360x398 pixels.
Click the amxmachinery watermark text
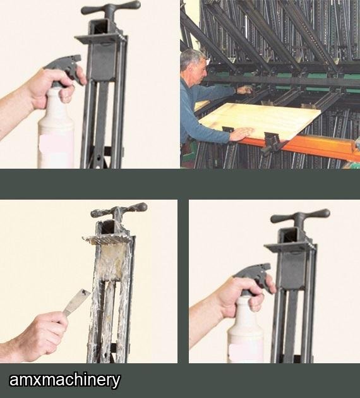click(64, 380)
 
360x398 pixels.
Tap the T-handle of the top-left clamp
click(111, 8)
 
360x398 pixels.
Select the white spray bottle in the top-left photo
click(56, 127)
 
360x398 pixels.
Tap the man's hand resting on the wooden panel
click(241, 134)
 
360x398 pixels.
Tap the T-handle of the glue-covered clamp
click(119, 211)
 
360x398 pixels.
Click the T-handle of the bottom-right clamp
click(301, 217)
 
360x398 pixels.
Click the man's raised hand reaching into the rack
click(244, 90)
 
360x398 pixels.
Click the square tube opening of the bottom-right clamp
click(291, 235)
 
